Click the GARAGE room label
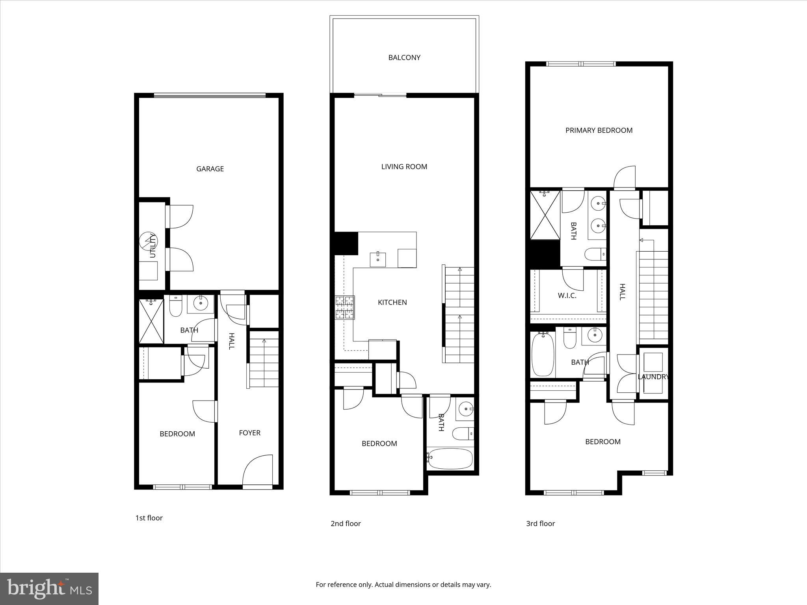210,169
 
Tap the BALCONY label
404,58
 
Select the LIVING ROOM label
404,167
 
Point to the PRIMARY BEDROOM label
599,130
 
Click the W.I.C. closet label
567,295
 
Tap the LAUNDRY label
653,377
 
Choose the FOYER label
249,433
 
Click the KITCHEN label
392,302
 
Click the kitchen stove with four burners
345,307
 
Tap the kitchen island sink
378,259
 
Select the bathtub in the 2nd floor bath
450,458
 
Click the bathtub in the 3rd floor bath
543,354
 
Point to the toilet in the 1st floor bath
175,306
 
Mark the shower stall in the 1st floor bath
151,321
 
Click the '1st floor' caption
149,518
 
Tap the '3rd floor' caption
540,523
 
